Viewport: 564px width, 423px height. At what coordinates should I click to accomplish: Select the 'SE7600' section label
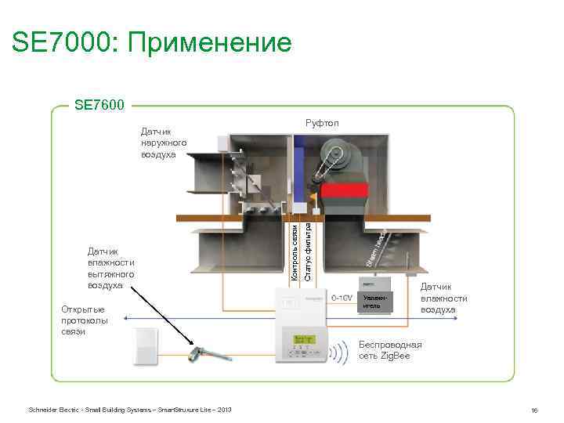pos(101,103)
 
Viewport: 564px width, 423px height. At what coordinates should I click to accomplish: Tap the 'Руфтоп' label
pos(322,123)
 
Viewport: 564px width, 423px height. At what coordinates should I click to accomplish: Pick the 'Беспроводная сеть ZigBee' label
pos(390,349)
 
